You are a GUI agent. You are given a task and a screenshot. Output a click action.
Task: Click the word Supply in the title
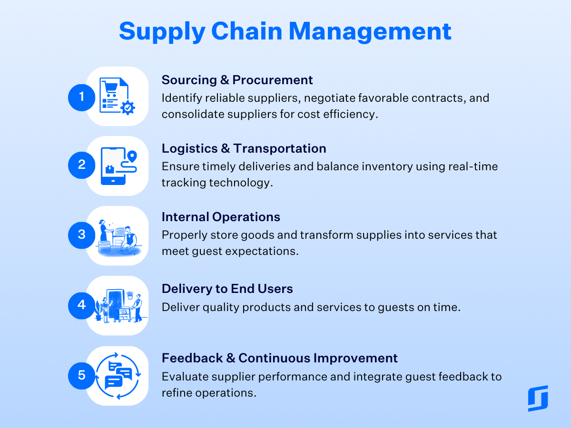pyautogui.click(x=162, y=32)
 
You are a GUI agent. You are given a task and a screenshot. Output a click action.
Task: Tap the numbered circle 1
pyautogui.click(x=82, y=97)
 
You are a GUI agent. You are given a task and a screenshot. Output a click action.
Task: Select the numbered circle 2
pyautogui.click(x=82, y=165)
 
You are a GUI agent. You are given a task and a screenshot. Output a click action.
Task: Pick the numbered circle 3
pyautogui.click(x=82, y=235)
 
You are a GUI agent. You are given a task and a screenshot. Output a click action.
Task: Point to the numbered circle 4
pyautogui.click(x=82, y=306)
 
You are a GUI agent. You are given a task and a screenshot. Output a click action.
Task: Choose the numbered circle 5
pyautogui.click(x=82, y=376)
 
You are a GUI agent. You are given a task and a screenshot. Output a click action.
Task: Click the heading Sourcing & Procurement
pyautogui.click(x=237, y=80)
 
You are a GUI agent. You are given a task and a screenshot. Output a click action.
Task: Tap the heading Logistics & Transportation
pyautogui.click(x=244, y=149)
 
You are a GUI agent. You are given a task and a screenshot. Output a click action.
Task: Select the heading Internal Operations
pyautogui.click(x=221, y=217)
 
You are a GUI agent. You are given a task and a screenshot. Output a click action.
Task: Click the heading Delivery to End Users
pyautogui.click(x=227, y=289)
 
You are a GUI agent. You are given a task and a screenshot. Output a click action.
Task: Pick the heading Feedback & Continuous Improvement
pyautogui.click(x=280, y=358)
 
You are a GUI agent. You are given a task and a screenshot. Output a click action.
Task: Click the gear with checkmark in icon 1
pyautogui.click(x=128, y=107)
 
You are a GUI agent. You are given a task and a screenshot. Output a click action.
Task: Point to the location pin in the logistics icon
pyautogui.click(x=132, y=156)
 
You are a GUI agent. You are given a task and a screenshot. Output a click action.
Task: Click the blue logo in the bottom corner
pyautogui.click(x=538, y=399)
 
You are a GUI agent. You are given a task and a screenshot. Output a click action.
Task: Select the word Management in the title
pyautogui.click(x=370, y=32)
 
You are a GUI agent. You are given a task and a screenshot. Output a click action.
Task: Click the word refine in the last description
pyautogui.click(x=177, y=393)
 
